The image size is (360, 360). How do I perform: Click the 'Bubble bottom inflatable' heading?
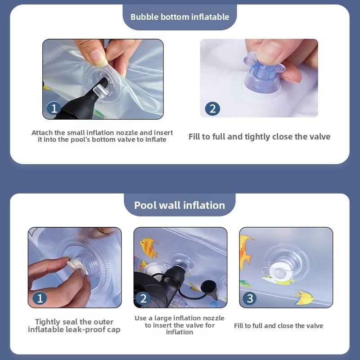click(180, 17)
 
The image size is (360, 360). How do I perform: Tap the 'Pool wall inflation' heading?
click(180, 205)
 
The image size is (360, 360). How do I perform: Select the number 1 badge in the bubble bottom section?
click(54, 108)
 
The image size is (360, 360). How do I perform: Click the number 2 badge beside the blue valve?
click(212, 108)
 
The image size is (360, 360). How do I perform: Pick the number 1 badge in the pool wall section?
click(40, 298)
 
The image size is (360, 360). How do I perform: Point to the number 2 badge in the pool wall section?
click(143, 298)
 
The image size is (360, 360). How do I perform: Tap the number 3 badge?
click(250, 298)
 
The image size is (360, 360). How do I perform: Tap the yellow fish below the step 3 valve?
click(304, 298)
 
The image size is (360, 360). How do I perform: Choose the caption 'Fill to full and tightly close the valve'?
click(260, 137)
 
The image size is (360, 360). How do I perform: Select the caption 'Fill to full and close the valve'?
click(279, 325)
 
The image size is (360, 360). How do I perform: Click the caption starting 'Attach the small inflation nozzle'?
click(102, 136)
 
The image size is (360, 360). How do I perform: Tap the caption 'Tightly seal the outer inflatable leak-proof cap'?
click(74, 325)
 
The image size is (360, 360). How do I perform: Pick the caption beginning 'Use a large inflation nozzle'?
click(180, 325)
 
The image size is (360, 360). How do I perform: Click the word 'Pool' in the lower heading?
click(145, 205)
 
